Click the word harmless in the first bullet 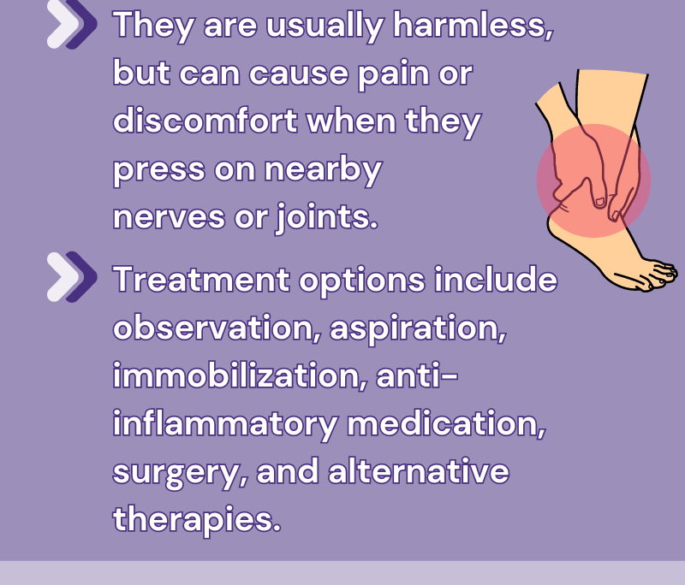pos(474,25)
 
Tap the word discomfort pos(205,121)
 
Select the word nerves pos(169,217)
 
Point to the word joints pos(326,217)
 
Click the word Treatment pos(201,279)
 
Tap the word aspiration pos(418,328)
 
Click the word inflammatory pos(225,424)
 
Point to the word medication pos(446,423)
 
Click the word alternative pos(419,470)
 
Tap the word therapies pos(197,520)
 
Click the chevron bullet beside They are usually pos(72,24)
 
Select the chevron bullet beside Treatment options pos(72,276)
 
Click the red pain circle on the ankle pos(593,180)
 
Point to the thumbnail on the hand pos(600,202)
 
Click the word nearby pos(324,169)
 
